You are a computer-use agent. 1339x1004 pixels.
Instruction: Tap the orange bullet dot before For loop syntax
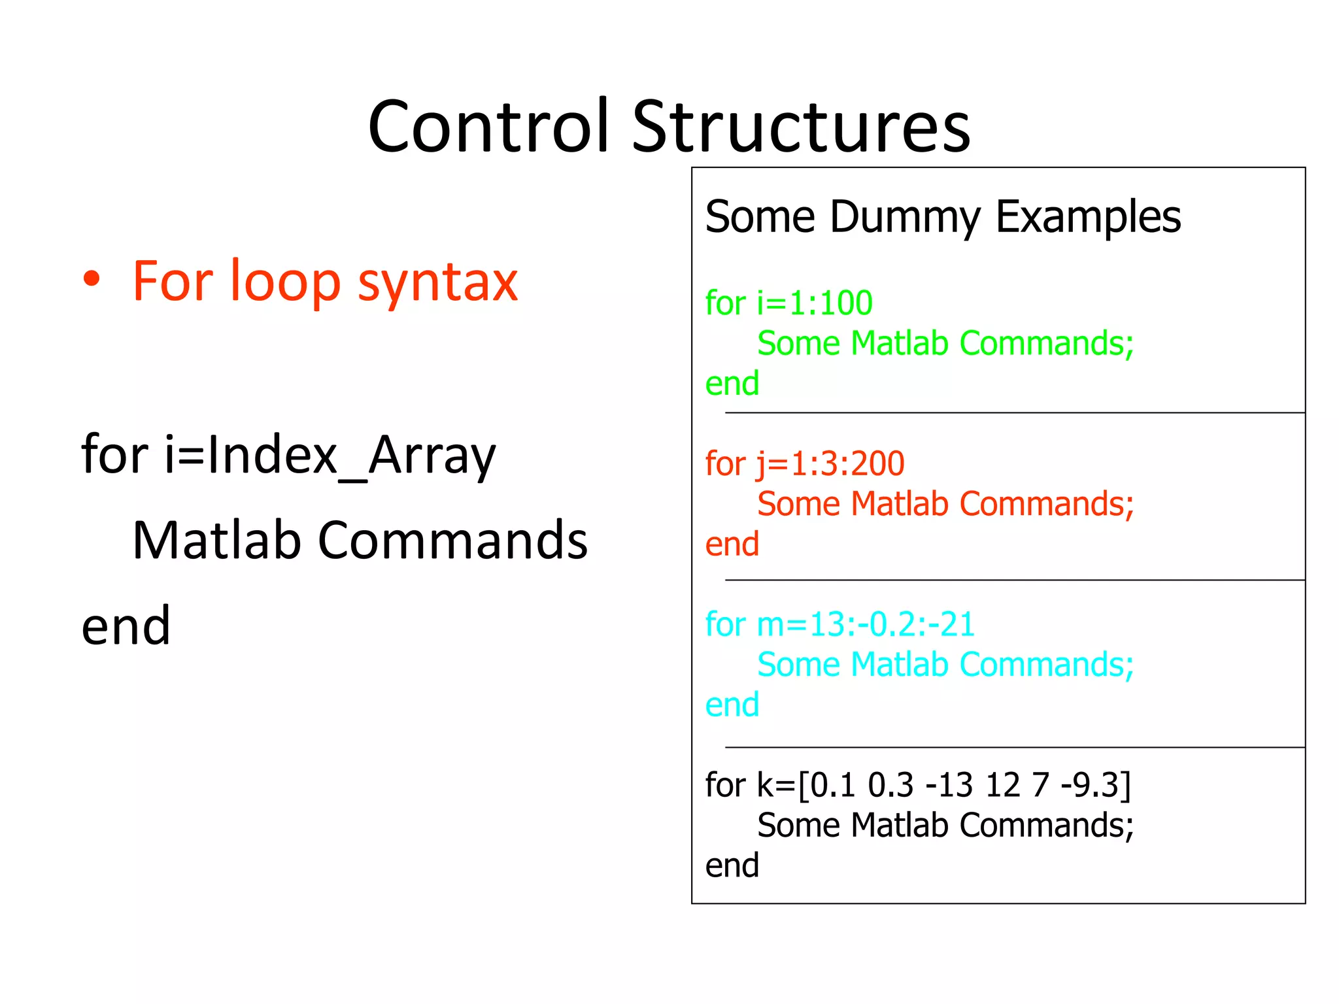click(92, 280)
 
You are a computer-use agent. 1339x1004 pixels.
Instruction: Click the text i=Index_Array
click(330, 455)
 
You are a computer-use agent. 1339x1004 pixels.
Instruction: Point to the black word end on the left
click(126, 626)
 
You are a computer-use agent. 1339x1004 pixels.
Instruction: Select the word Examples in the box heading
click(1088, 217)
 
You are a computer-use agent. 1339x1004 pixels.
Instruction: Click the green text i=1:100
click(815, 303)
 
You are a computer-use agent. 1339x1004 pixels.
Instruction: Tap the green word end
click(732, 384)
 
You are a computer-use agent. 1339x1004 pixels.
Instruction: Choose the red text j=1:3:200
click(830, 464)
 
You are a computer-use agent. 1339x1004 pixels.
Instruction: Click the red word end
click(732, 544)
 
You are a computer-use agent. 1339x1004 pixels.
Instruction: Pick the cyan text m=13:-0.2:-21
click(866, 624)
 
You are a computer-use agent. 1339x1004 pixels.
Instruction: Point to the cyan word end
click(732, 705)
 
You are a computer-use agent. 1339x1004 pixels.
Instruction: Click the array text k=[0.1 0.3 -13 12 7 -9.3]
click(943, 785)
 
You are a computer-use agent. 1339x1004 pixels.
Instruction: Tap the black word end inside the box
click(732, 865)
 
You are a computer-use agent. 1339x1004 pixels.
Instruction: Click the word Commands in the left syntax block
click(452, 541)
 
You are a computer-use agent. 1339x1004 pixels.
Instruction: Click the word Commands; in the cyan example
click(1047, 665)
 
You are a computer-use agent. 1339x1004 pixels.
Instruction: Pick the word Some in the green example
click(798, 343)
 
